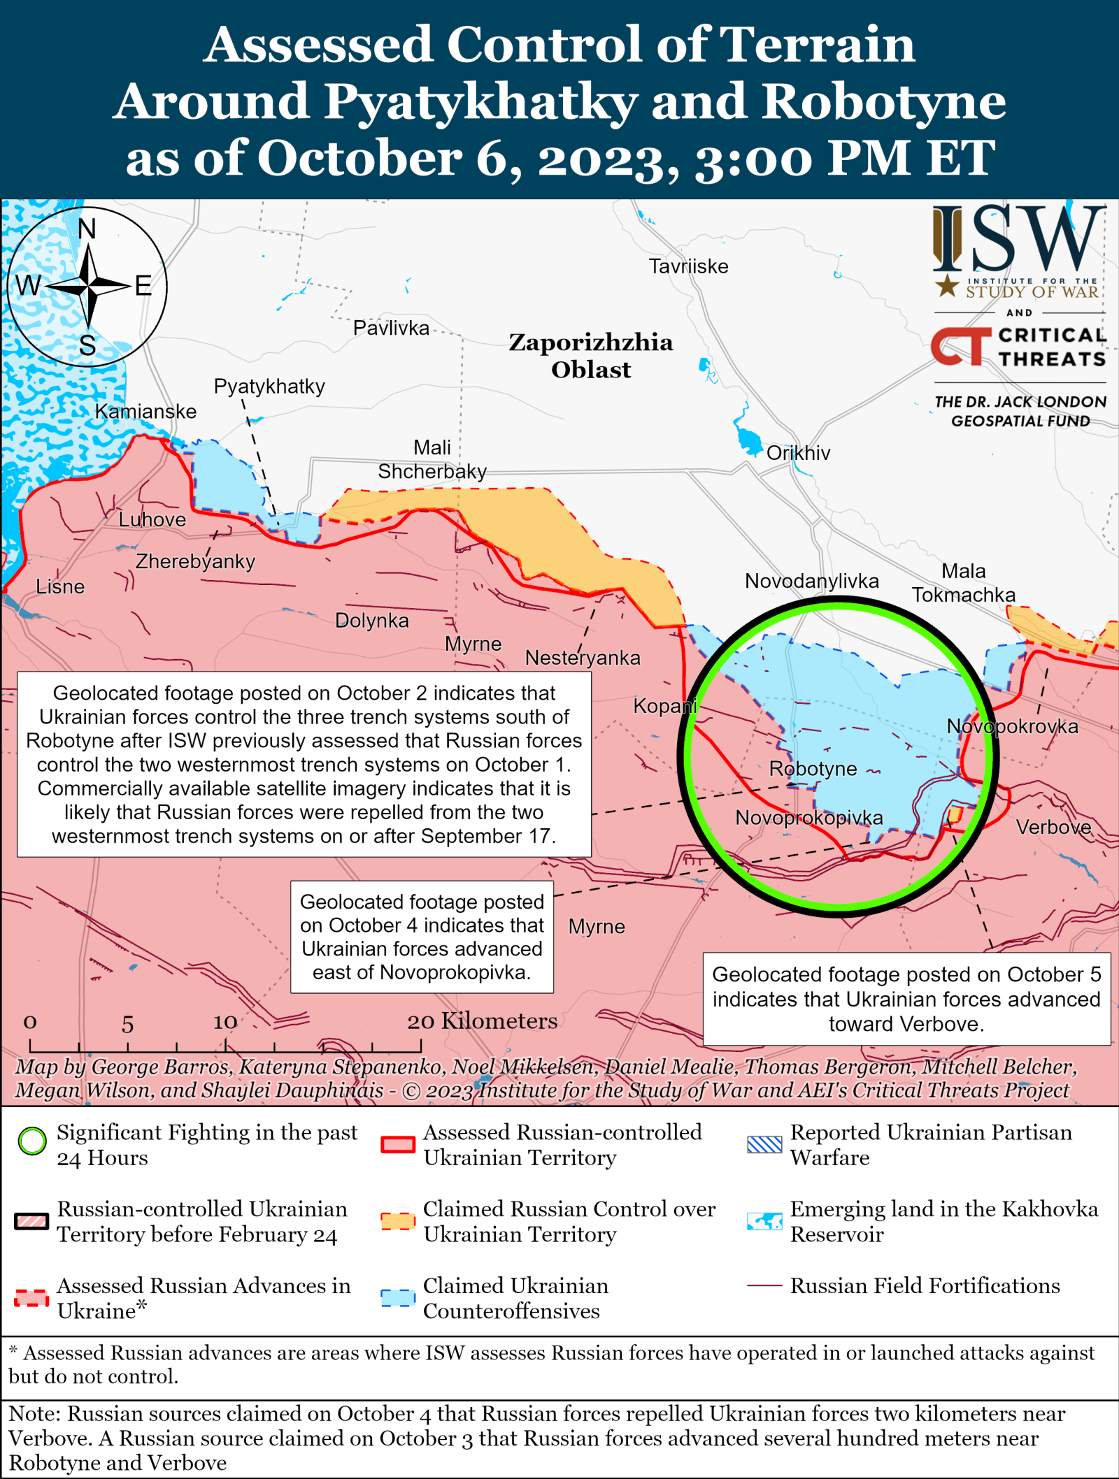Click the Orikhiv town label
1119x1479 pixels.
pos(798,453)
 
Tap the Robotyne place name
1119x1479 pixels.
pos(813,769)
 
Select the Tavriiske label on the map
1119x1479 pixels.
pos(688,266)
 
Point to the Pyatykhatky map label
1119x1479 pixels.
pos(269,387)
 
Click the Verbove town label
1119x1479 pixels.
pos(1053,828)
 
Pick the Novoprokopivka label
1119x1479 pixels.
pos(808,817)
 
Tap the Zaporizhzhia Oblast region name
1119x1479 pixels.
pos(591,355)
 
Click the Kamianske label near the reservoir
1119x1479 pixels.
pos(145,412)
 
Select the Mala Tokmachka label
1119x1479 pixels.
pos(963,583)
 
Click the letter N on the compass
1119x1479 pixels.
pos(87,229)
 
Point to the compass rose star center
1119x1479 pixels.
pos(88,286)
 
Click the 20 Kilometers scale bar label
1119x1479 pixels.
pos(483,1021)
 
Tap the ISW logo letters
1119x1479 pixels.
pos(1019,238)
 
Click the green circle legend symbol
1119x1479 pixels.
pos(32,1141)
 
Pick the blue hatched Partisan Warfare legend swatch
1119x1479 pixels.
pos(764,1144)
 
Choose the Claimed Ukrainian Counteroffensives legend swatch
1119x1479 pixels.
pos(398,1298)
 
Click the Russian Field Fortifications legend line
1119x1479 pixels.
pos(764,1285)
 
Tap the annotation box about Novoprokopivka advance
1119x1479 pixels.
pos(422,937)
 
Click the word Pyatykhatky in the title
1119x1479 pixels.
pos(481,101)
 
